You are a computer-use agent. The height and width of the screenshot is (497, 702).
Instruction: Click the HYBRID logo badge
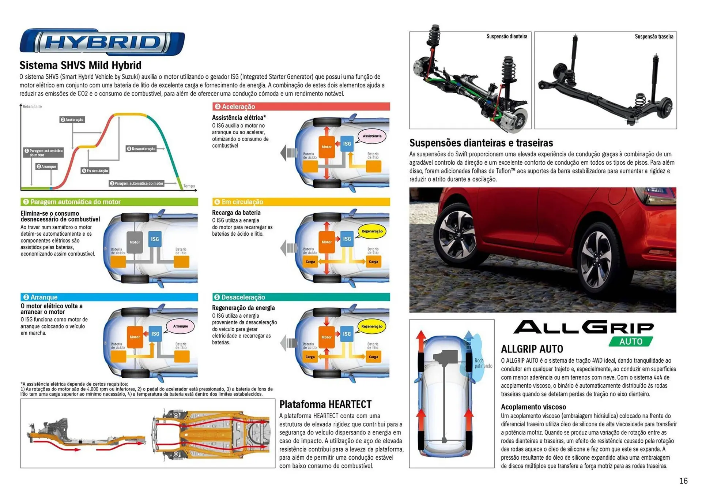click(102, 42)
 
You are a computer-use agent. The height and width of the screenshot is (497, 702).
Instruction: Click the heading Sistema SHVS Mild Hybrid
click(80, 65)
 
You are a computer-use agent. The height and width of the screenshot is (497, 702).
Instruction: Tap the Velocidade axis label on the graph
click(32, 107)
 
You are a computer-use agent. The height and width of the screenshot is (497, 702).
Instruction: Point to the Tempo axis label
click(189, 186)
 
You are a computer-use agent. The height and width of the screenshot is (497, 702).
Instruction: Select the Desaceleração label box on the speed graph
click(141, 149)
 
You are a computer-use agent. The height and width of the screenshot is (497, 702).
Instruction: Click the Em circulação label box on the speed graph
click(95, 171)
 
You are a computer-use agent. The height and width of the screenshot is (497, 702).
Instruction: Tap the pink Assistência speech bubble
click(372, 136)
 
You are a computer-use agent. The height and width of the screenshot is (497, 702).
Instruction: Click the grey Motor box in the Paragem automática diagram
click(135, 242)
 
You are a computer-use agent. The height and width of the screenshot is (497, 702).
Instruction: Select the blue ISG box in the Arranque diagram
click(155, 334)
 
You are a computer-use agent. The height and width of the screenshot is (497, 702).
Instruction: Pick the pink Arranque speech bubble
click(180, 326)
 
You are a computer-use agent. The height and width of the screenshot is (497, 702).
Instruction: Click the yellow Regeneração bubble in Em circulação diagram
click(372, 231)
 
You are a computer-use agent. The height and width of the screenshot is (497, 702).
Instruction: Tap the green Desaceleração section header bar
click(301, 297)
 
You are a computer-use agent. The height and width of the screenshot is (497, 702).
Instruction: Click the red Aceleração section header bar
click(301, 106)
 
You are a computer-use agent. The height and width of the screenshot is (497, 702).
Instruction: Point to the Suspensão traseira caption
click(654, 37)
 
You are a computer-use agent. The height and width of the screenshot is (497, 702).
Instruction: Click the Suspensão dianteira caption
click(506, 36)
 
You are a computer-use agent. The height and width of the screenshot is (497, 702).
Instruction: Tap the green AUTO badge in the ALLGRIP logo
click(631, 341)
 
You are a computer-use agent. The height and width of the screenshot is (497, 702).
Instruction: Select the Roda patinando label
click(483, 363)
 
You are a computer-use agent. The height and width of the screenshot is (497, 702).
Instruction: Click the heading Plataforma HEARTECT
click(325, 404)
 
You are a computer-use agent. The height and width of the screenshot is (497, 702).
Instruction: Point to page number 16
click(683, 481)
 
